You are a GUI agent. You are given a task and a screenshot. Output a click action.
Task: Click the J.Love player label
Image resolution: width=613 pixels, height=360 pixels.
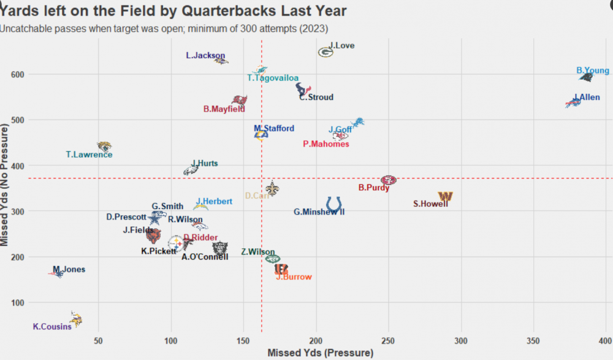click(341, 45)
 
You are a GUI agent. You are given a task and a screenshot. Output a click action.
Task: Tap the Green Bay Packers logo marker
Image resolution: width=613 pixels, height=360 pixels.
click(326, 53)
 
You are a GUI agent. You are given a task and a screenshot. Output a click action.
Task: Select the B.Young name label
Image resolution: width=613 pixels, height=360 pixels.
click(593, 71)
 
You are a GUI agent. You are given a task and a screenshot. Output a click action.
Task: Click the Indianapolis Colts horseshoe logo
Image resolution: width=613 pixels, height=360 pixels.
click(334, 204)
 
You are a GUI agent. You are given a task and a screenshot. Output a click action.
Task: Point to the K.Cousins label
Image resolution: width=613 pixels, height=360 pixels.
click(52, 327)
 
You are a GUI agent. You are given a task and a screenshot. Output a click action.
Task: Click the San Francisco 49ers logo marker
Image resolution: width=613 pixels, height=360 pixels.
click(388, 180)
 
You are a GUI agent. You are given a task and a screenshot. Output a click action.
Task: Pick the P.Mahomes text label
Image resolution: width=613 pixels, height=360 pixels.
click(326, 144)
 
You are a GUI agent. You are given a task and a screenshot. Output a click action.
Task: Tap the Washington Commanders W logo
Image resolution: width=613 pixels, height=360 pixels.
click(446, 196)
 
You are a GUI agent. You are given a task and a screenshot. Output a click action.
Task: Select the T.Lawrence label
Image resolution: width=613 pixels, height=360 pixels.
click(89, 155)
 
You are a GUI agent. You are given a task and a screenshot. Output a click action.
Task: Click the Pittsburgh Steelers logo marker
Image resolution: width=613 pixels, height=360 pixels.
click(175, 243)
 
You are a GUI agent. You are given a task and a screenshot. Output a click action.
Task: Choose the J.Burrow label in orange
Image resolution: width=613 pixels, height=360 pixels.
click(294, 277)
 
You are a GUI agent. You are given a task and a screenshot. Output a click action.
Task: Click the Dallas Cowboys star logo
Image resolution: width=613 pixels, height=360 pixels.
click(156, 218)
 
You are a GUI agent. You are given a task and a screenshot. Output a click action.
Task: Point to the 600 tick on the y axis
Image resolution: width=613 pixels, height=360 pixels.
click(17, 74)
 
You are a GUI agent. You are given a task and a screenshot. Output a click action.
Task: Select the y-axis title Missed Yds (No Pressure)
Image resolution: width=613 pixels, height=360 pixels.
click(6, 183)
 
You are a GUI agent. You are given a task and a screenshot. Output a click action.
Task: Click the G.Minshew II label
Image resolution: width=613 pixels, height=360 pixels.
click(319, 212)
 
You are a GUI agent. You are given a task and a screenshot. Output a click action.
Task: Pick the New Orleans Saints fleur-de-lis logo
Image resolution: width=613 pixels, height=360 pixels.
click(272, 189)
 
